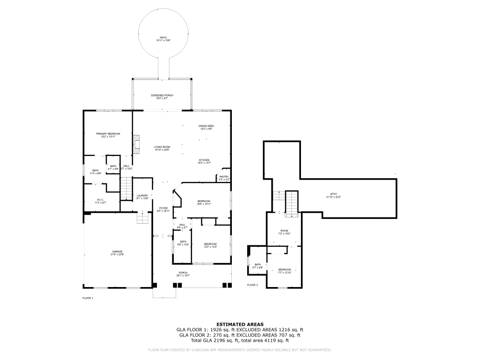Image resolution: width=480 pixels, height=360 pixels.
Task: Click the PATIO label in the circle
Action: (164, 37)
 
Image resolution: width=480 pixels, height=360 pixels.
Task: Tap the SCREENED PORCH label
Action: (162, 96)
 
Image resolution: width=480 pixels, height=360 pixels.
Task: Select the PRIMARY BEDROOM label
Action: (108, 133)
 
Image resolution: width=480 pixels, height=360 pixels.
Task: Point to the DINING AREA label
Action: (206, 126)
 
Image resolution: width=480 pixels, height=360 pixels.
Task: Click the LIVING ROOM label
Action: (162, 147)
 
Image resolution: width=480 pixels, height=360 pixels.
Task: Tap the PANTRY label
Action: (224, 177)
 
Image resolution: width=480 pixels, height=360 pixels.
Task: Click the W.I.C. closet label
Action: (100, 200)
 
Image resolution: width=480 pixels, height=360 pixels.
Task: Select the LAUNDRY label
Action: (142, 195)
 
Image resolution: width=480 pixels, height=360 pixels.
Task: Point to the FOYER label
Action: (163, 208)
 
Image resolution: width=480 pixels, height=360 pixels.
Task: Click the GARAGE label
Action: (118, 252)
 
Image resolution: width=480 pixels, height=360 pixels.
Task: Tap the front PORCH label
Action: (183, 273)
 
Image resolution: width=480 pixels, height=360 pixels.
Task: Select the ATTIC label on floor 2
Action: (333, 194)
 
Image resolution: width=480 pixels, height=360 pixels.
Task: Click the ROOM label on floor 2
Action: (284, 231)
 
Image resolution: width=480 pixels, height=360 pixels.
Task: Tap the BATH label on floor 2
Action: (258, 264)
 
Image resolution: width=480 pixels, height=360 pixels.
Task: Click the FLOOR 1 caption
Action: (88, 298)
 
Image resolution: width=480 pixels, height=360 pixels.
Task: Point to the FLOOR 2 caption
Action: (252, 285)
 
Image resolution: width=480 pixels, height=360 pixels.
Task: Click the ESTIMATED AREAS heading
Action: (240, 324)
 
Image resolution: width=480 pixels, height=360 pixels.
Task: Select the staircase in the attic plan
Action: (292, 203)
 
